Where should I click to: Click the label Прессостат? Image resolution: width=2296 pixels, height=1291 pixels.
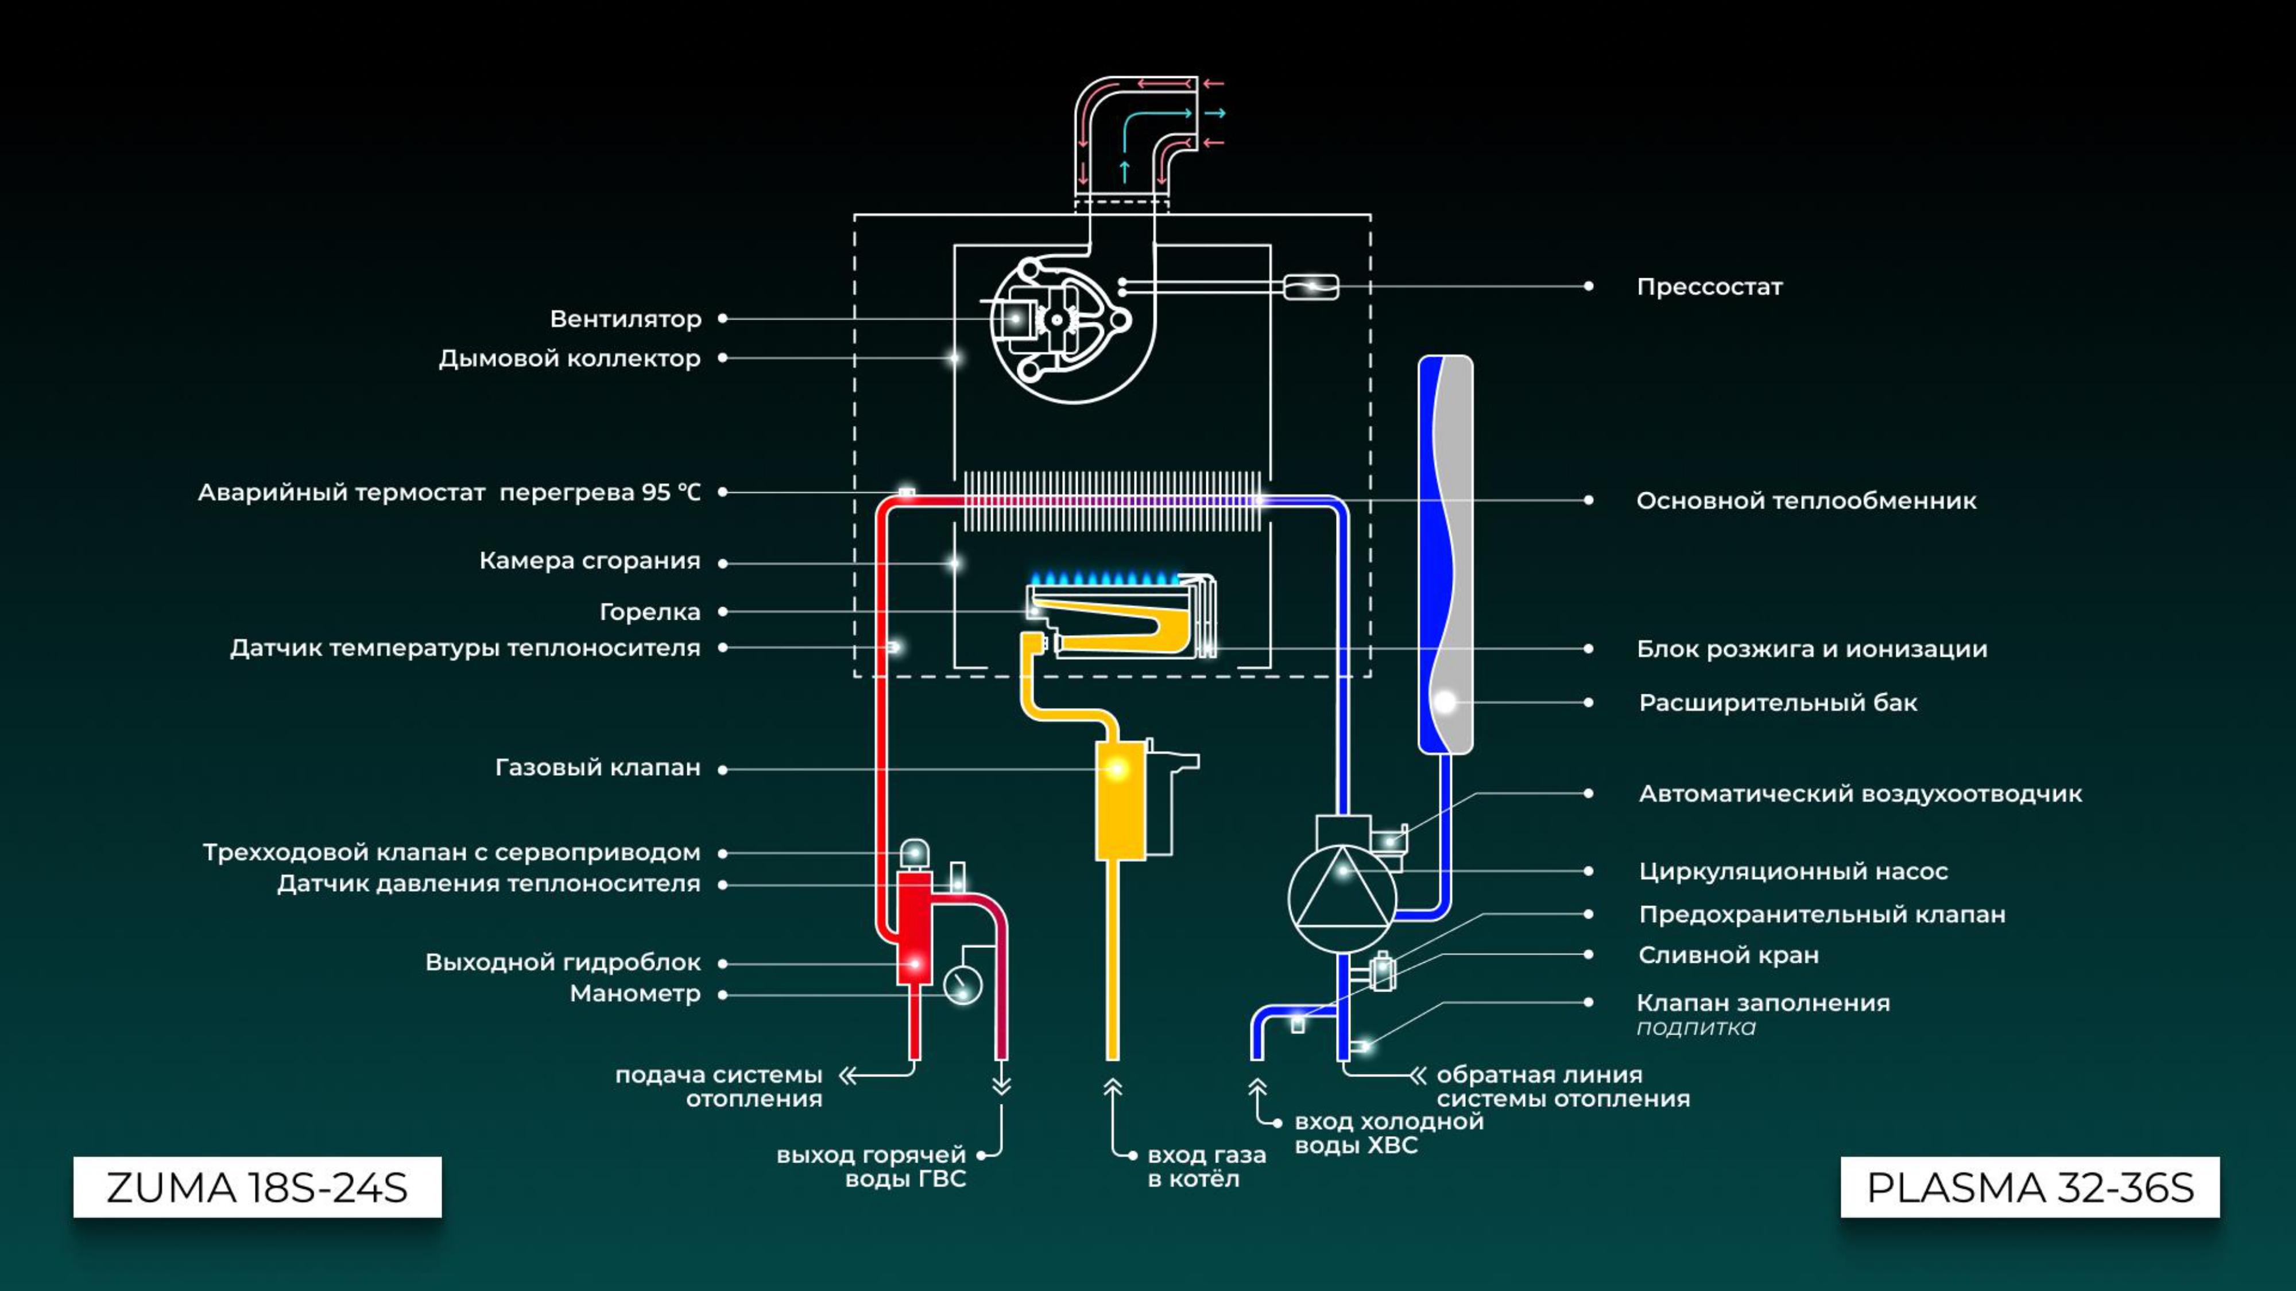pyautogui.click(x=1710, y=287)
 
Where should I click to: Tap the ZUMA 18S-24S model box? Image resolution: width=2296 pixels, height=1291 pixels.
pyautogui.click(x=258, y=1187)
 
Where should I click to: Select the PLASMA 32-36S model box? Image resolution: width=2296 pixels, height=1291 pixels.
pyautogui.click(x=2030, y=1187)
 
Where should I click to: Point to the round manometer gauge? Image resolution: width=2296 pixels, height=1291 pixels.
pyautogui.click(x=963, y=985)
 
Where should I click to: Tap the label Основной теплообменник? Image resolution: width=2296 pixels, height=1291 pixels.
pyautogui.click(x=1806, y=501)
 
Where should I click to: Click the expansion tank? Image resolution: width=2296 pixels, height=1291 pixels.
pyautogui.click(x=1445, y=554)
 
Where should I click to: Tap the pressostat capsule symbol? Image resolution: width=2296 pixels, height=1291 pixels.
pyautogui.click(x=1311, y=287)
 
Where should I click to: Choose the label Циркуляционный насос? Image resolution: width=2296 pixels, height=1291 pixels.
pyautogui.click(x=1793, y=872)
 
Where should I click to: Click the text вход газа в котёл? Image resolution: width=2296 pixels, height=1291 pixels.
pyautogui.click(x=1207, y=1167)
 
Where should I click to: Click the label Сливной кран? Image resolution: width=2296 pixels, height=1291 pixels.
pyautogui.click(x=1728, y=955)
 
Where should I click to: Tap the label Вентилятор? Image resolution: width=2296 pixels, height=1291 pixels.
pyautogui.click(x=626, y=319)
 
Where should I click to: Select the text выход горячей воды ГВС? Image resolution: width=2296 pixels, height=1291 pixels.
pyautogui.click(x=872, y=1167)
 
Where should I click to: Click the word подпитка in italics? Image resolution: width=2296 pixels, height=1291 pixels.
pyautogui.click(x=1696, y=1028)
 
